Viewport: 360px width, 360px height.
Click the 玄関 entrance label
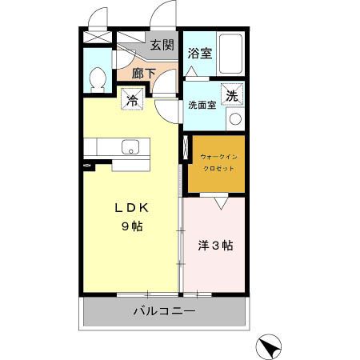coord(162,45)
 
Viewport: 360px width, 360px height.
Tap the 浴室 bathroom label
coord(200,53)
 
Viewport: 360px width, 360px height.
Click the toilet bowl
coord(98,79)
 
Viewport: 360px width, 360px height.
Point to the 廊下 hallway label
coord(144,74)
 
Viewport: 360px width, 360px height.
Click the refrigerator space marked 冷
coord(132,99)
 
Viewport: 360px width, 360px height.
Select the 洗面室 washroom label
coord(202,106)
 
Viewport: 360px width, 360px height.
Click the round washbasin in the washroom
coord(235,119)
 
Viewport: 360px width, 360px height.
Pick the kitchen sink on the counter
coord(130,146)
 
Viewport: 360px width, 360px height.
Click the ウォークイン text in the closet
coord(218,157)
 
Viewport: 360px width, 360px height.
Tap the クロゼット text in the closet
coord(218,169)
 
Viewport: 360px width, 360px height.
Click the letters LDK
coord(132,208)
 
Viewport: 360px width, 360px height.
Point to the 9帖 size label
coord(132,226)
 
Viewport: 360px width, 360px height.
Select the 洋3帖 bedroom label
coord(215,246)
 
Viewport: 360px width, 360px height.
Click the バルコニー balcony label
coord(165,311)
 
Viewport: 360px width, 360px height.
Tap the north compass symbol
coord(268,346)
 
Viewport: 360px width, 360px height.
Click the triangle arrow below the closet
coord(221,203)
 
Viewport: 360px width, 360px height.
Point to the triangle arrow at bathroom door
coord(191,71)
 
